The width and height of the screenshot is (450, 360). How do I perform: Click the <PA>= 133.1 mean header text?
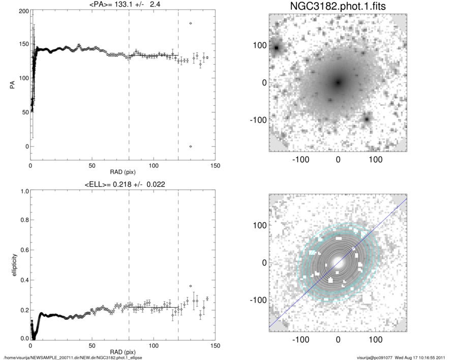tap(123, 5)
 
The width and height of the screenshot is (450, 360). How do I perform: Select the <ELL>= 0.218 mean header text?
tap(123, 184)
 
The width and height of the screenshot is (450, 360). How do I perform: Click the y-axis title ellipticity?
tap(11, 265)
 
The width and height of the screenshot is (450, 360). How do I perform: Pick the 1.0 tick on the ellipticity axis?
tap(23, 191)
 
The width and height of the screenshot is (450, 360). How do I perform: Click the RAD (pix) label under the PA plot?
tap(123, 172)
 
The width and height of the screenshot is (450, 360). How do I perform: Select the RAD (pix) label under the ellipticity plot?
tap(123, 351)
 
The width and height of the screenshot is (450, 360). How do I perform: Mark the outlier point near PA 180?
tap(191, 23)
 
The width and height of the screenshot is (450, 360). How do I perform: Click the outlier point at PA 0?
tap(191, 146)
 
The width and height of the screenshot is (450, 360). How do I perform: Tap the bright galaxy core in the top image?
tap(338, 82)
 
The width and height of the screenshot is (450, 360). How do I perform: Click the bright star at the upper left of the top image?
tap(277, 48)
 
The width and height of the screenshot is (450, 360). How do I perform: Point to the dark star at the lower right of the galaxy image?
tap(367, 119)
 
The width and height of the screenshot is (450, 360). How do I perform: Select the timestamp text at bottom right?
tap(402, 357)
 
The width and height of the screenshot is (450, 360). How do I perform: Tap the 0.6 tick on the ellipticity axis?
tap(23, 250)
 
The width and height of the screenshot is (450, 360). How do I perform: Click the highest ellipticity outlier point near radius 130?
tap(191, 286)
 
